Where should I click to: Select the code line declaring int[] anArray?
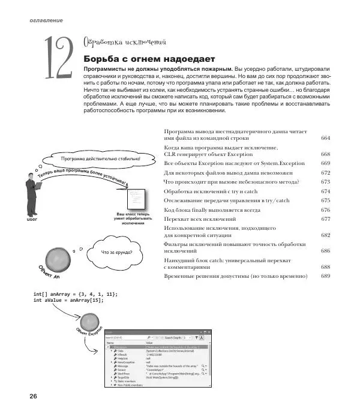coord(76,293)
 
